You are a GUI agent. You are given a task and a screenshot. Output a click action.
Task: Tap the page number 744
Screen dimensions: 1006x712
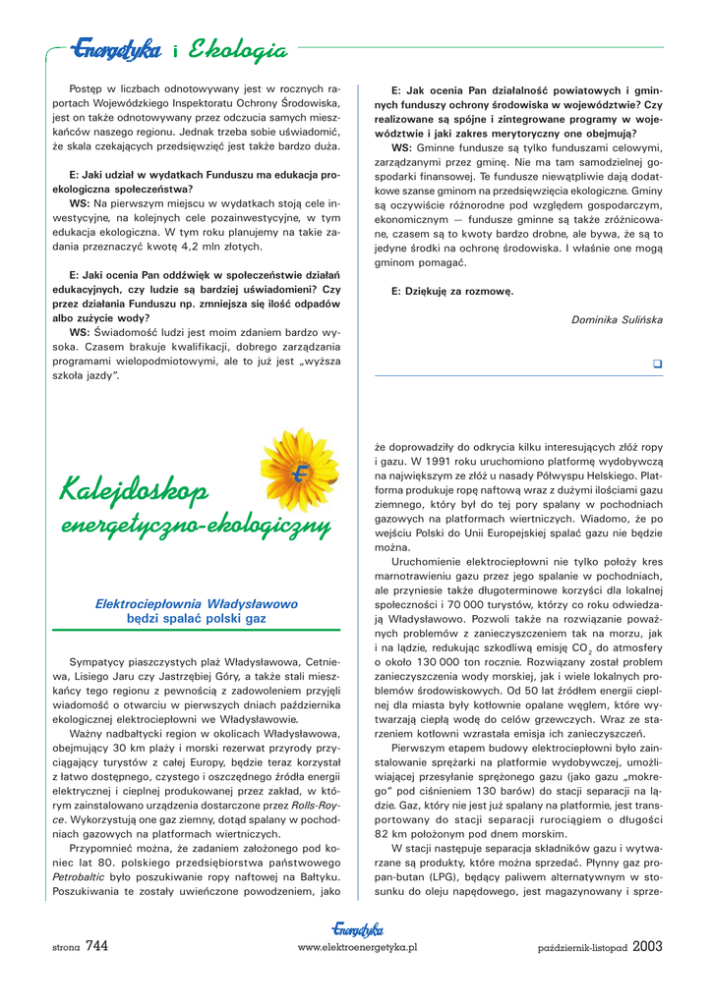point(96,946)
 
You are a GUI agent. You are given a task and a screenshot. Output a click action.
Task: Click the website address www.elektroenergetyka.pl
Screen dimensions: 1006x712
point(357,947)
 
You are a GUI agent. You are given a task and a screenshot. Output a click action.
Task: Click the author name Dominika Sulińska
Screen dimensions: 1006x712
point(617,319)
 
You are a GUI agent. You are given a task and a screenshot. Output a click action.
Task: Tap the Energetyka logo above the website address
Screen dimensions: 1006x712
point(357,929)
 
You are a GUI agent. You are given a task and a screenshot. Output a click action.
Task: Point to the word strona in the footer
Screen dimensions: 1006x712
point(66,947)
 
